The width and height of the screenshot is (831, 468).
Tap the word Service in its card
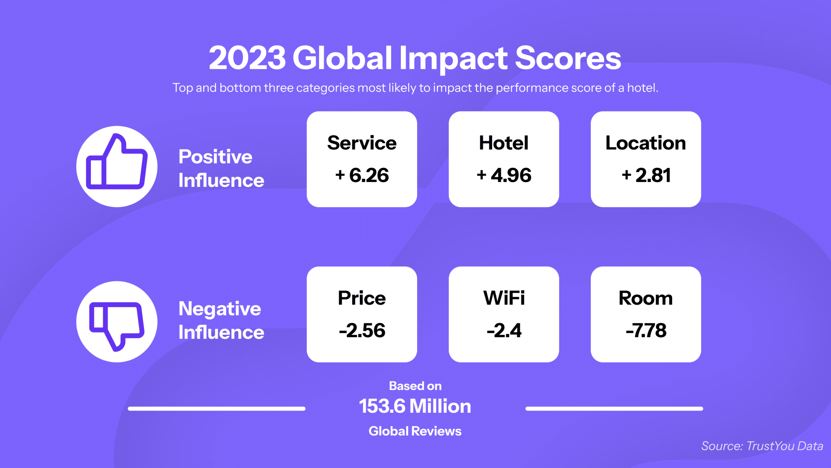coord(362,143)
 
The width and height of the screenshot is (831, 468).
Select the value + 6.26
coord(362,175)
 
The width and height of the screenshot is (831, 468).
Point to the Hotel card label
coord(504,143)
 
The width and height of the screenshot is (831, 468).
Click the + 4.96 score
coord(504,175)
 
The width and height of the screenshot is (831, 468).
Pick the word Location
coord(646,143)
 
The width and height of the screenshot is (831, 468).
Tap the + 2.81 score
coord(646,175)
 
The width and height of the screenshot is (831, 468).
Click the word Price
coord(362,298)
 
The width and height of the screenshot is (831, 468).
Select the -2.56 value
coord(362,331)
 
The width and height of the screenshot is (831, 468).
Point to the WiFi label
coord(504,298)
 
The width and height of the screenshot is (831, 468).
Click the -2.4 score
coord(504,331)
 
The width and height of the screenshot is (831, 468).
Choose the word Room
coord(646,298)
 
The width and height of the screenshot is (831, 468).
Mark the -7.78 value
coord(646,331)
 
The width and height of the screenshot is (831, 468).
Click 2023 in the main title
coord(247,58)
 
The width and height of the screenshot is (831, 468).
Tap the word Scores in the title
coord(568,58)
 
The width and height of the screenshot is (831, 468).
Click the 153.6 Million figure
coord(415,406)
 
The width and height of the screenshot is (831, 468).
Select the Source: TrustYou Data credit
coord(762,446)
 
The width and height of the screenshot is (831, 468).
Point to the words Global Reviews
coord(415,431)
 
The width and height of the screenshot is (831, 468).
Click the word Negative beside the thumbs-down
coord(220,309)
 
